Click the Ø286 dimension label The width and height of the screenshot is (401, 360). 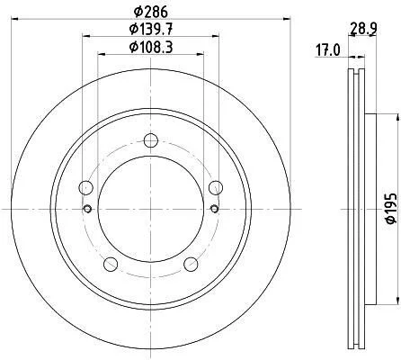coord(151,12)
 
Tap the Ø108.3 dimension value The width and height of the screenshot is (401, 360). coord(151,47)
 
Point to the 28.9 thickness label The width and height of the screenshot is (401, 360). coord(363,29)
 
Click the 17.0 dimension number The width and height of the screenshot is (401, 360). coord(327,50)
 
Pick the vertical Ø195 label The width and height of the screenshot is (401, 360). coord(391,208)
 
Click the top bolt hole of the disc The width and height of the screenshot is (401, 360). coord(151,140)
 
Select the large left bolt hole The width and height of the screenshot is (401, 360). coord(85,188)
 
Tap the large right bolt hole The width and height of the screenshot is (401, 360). coord(216,188)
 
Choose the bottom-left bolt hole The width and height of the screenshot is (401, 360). coord(111,264)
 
